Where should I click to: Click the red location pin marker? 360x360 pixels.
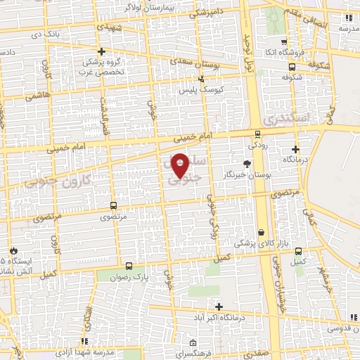(x=180, y=165)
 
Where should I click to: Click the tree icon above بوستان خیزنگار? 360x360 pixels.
(x=245, y=163)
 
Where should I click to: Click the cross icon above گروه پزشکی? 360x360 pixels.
(x=102, y=51)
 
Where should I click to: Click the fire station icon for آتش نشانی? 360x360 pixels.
(x=13, y=250)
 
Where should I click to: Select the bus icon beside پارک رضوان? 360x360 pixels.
(x=129, y=266)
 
